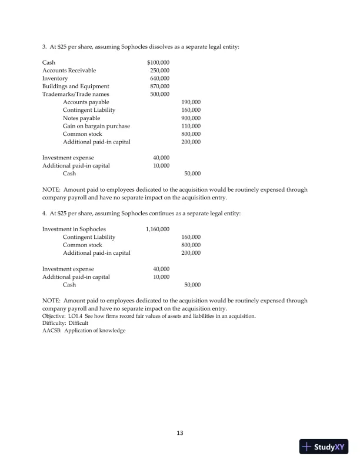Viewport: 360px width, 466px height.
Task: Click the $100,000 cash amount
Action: pos(158,62)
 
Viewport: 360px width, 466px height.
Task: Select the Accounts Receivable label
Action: pos(69,70)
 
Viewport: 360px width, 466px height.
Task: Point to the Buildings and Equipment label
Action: pos(75,86)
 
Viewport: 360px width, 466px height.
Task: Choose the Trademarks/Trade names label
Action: pos(75,94)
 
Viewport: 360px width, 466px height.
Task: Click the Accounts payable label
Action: pos(86,102)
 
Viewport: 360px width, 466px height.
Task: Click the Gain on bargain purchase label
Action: pos(96,126)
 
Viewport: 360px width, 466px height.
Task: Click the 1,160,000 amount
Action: pos(157,229)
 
